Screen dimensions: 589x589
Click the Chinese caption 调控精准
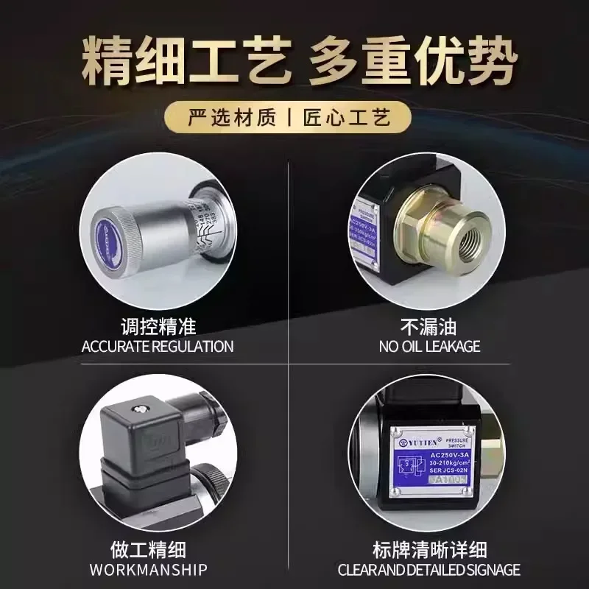(158, 325)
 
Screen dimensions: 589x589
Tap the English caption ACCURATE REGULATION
(158, 346)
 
